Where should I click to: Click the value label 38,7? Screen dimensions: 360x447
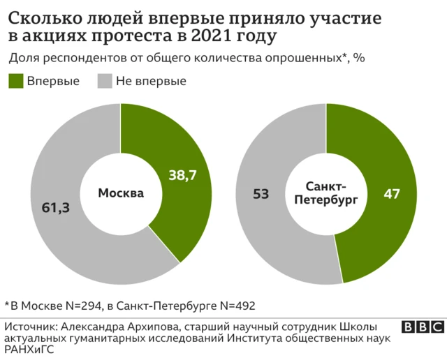tap(182, 177)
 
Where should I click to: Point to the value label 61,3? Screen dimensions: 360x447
tap(57, 207)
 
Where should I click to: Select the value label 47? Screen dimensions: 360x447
tap(392, 194)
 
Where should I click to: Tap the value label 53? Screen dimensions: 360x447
tap(261, 194)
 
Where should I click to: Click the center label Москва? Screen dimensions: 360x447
tap(120, 193)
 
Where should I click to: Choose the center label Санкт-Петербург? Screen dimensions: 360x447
tap(326, 193)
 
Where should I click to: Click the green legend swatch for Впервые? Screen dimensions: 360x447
tap(15, 81)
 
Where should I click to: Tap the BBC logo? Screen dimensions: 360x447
tap(423, 327)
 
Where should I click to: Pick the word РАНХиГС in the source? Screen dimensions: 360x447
tap(29, 350)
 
